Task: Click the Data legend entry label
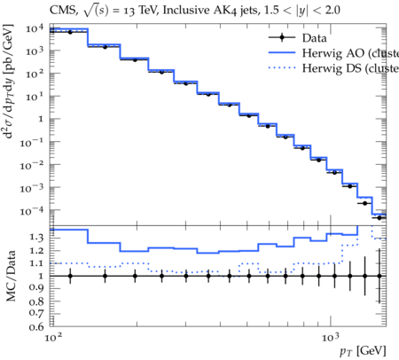tap(315, 38)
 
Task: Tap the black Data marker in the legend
tap(282, 37)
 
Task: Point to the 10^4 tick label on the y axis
tap(35, 28)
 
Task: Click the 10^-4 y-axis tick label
tap(31, 210)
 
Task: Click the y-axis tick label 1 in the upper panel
tap(41, 119)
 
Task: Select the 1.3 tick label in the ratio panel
tap(36, 238)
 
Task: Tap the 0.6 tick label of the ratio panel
tap(36, 326)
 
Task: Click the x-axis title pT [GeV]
tap(363, 351)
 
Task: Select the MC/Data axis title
tap(11, 276)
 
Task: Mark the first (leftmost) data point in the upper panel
tap(70, 32)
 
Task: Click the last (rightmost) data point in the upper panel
tap(379, 218)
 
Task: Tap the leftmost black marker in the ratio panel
tap(70, 276)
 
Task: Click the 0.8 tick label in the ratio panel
tap(36, 301)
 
